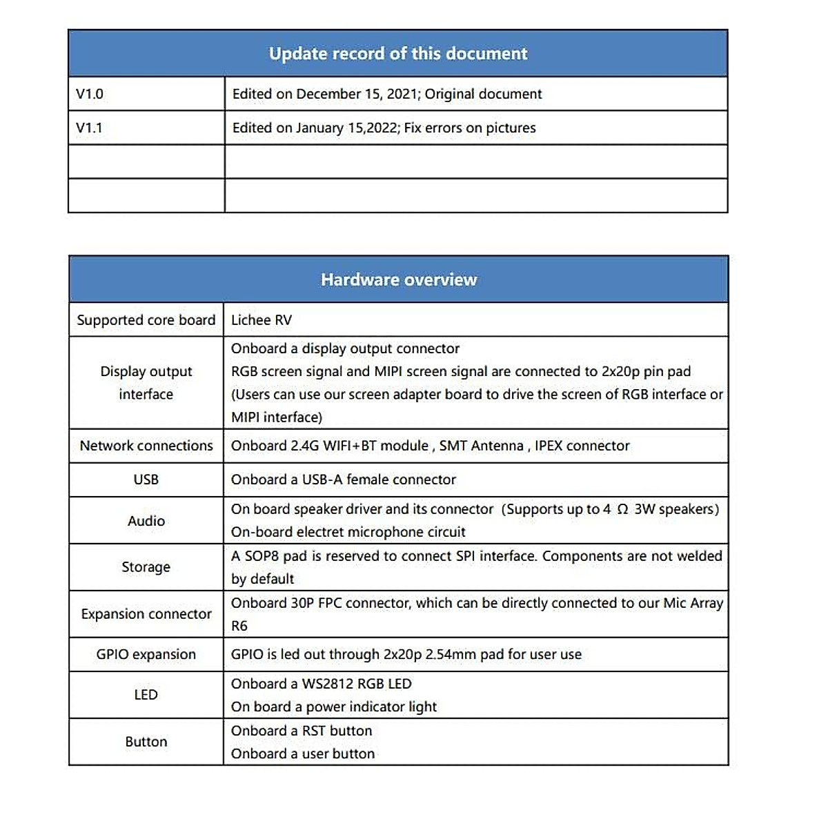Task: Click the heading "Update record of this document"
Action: [x=398, y=54]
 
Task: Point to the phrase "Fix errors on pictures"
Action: [x=470, y=128]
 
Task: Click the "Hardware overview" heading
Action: [x=399, y=279]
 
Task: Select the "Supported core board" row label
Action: [x=146, y=320]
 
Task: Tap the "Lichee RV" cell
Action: [x=262, y=320]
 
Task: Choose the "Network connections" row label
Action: [x=146, y=446]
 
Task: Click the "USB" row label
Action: [x=146, y=480]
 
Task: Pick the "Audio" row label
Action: [x=146, y=521]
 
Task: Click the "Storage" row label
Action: [x=146, y=567]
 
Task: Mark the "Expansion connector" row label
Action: [x=146, y=614]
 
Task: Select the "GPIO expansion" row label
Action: [x=146, y=654]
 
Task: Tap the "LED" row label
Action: [x=146, y=695]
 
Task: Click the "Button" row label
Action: [x=146, y=742]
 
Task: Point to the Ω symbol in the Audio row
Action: [x=622, y=509]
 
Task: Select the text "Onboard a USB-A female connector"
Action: [x=344, y=480]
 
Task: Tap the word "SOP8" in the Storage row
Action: [x=262, y=556]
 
